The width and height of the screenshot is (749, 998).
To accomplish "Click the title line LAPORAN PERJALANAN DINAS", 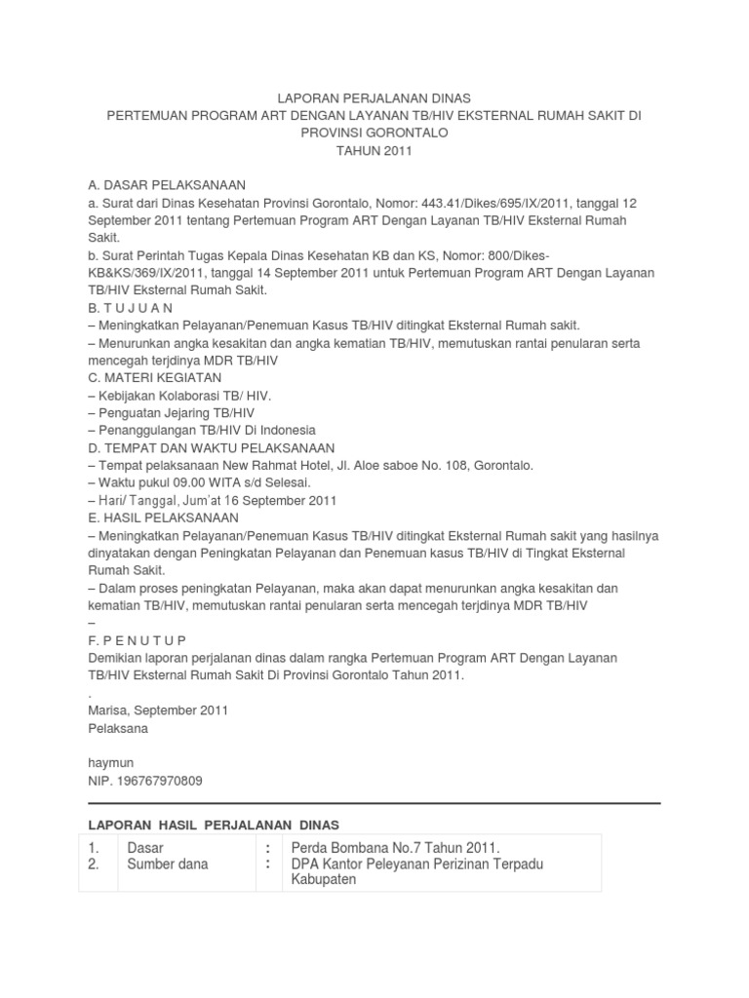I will click(x=374, y=98).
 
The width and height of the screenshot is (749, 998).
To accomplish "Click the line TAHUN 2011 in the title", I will click(x=374, y=151).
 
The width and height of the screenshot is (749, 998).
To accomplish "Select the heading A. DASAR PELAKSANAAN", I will click(x=166, y=185).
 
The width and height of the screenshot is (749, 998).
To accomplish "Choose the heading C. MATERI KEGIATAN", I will click(x=154, y=377).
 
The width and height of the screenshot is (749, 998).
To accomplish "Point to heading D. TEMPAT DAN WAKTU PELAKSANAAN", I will click(x=211, y=448).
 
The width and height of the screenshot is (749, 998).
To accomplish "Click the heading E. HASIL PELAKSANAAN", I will click(x=163, y=518).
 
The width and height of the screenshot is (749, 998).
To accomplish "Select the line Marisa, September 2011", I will click(x=158, y=710).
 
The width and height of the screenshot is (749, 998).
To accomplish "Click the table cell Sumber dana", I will click(x=168, y=864).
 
